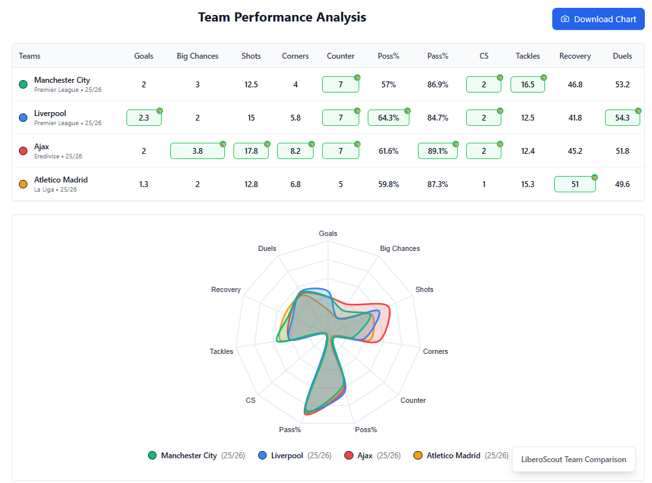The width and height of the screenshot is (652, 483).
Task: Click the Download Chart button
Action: point(598,19)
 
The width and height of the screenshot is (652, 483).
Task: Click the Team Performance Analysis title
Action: point(282,18)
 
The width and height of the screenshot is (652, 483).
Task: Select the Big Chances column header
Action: point(198,56)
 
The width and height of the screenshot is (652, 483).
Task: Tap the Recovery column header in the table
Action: point(574,56)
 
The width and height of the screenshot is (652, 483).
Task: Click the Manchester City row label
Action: point(62,80)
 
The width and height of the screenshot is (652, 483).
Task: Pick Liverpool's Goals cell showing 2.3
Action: point(144,118)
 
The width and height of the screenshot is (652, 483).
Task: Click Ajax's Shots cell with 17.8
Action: point(251,151)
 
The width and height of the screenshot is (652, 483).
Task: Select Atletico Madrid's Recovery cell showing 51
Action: point(574,184)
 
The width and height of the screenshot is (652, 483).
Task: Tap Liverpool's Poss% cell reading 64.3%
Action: point(388,118)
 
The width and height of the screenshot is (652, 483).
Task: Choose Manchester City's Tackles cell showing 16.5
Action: point(527,85)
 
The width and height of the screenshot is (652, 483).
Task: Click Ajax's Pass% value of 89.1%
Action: point(437,151)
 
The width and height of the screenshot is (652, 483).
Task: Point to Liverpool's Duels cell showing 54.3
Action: point(622,118)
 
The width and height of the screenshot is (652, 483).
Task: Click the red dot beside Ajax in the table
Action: point(23,151)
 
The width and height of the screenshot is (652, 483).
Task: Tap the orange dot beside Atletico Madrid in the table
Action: point(23,184)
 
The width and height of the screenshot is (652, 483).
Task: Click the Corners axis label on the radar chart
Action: point(435,351)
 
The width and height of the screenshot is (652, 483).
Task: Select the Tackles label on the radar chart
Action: point(221,351)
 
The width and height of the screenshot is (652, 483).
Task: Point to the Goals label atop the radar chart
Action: point(328,233)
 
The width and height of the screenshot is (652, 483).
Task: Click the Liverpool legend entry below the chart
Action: point(281,456)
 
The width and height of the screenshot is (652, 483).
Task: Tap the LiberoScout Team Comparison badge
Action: point(573,460)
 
